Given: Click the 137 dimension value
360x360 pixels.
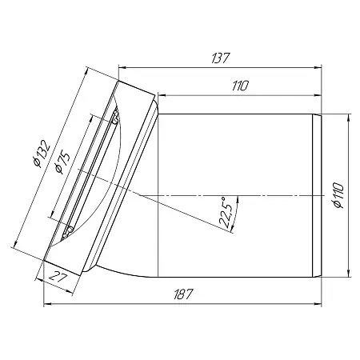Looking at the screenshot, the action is [221, 58].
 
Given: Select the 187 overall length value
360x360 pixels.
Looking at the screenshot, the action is [183, 294].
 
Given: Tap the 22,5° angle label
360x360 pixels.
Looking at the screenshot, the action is [225, 212].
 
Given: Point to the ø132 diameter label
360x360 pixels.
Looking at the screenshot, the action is [41, 154].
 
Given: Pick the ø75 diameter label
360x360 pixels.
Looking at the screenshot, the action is [62, 162].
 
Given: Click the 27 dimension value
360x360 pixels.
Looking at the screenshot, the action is [58, 278].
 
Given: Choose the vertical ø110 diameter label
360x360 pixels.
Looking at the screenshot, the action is [338, 195].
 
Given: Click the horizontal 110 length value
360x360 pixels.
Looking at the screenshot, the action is [240, 86].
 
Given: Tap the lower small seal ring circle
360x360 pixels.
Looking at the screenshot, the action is [70, 229].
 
